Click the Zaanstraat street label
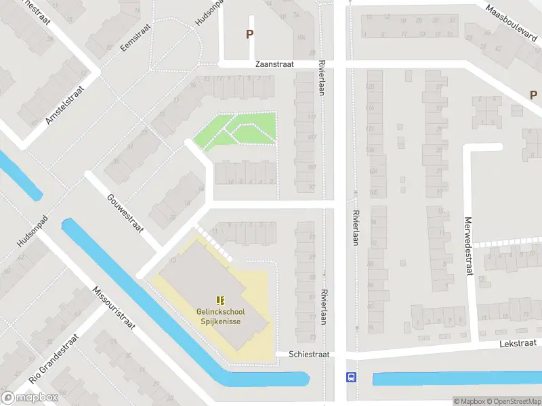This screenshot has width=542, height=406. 274,64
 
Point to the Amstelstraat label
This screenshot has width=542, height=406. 64,104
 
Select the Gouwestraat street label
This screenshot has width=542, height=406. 125,213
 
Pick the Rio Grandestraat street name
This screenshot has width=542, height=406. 54,365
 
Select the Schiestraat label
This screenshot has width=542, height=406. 309,355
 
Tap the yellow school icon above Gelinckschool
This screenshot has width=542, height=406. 220,300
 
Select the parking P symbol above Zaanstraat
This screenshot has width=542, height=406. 249,34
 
